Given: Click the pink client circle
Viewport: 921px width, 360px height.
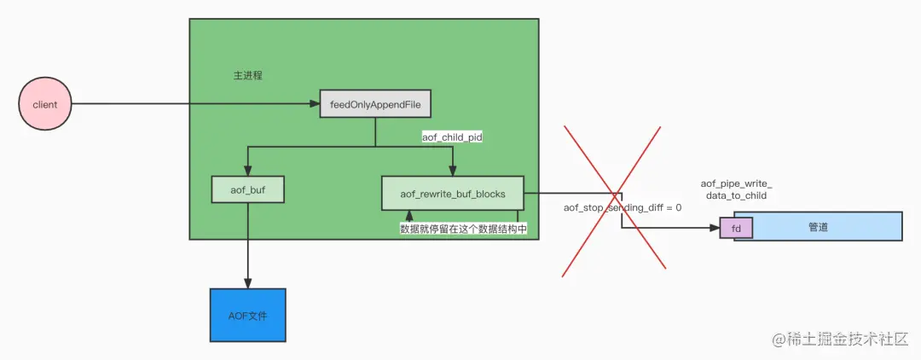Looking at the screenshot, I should point(44,104).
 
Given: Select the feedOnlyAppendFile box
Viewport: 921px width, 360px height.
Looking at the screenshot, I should point(375,104).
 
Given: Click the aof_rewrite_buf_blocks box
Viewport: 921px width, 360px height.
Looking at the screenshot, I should point(453,194).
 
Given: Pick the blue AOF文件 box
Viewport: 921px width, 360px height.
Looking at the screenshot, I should point(247,316).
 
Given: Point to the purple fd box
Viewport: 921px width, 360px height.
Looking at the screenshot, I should point(736,228).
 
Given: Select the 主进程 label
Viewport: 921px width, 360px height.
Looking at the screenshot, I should point(248,75).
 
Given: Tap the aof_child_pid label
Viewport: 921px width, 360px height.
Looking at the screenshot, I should point(453,136).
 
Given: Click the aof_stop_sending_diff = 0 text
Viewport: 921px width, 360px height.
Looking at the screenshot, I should point(623,207).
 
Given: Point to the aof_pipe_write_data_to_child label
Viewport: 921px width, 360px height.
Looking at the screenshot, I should point(736,189).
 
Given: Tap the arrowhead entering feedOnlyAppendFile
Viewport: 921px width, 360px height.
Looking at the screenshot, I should point(314,104).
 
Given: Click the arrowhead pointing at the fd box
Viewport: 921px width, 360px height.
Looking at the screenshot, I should point(715,228).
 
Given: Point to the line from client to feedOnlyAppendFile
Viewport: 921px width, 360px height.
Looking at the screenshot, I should point(188,104).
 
